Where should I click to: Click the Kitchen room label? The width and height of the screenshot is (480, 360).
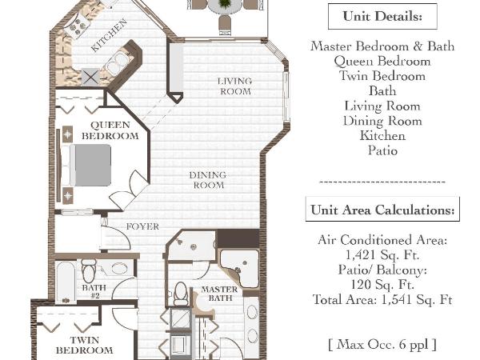pos(108,35)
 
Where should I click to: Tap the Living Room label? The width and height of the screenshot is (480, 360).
pos(235,86)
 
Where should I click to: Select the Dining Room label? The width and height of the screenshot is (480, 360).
pos(207,180)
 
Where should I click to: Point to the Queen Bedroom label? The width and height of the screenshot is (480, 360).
pos(110,130)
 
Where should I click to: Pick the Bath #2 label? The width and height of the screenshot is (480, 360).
pos(94,291)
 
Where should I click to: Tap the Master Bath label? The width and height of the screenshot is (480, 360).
pos(217,294)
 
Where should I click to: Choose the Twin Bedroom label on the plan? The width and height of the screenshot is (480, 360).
pos(78,345)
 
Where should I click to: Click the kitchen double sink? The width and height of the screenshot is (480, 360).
pos(118,62)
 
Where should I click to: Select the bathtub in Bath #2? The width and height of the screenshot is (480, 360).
pos(66,283)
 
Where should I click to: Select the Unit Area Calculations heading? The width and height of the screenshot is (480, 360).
pos(382,210)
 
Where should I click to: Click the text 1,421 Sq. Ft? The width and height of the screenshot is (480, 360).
pos(382,254)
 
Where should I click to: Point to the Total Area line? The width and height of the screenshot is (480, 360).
pos(382,300)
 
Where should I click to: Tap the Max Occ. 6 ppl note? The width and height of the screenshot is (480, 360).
pos(382,345)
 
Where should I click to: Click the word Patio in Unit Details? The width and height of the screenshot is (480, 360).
pos(382,150)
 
